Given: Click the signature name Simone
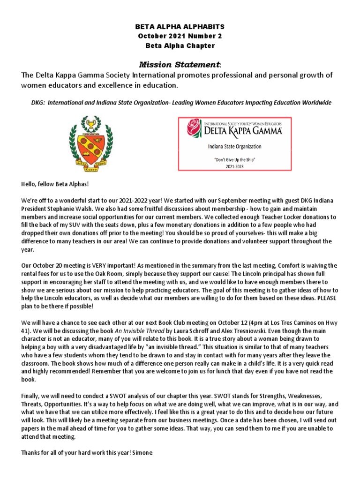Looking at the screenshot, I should [x=142, y=453].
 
